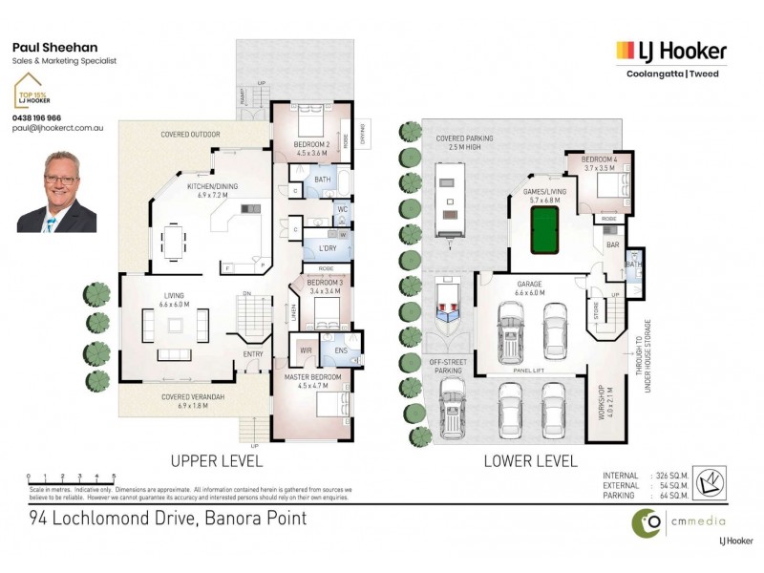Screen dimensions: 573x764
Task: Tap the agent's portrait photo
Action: [56, 191]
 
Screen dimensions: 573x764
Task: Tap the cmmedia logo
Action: [680, 522]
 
